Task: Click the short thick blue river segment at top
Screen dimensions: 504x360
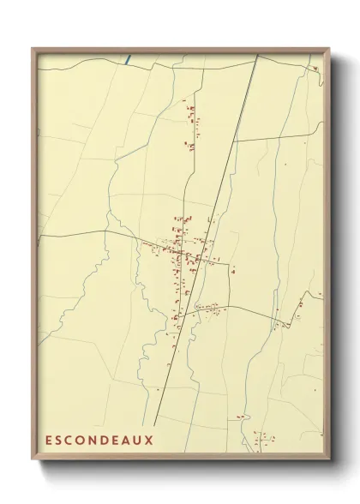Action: (129, 59)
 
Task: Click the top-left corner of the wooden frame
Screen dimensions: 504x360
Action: (32, 49)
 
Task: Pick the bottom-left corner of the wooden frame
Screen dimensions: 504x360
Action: (32, 462)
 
